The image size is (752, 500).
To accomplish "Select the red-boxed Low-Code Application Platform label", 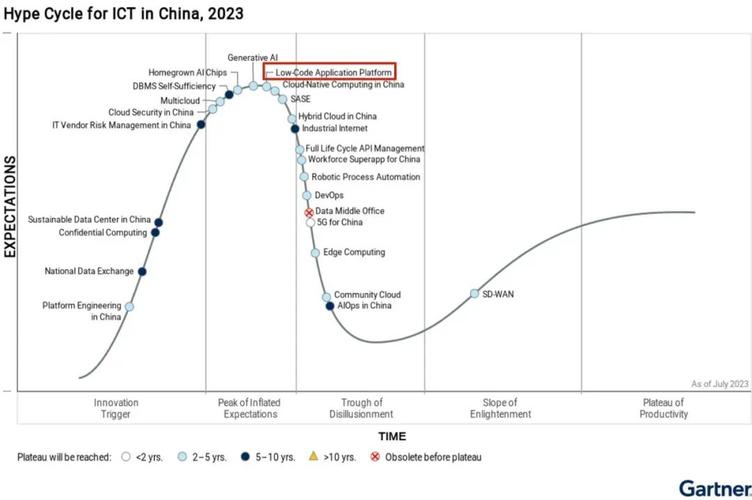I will click(x=329, y=72).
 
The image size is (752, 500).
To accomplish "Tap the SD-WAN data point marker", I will click(x=475, y=294).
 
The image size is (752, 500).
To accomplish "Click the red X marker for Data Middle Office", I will click(x=309, y=212).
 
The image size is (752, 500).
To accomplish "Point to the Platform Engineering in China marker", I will click(x=129, y=307).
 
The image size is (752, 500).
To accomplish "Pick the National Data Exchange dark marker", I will click(x=143, y=271).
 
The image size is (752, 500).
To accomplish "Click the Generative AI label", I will click(x=252, y=57).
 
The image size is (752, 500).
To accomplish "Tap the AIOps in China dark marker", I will click(x=330, y=306).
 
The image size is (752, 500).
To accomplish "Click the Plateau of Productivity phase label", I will click(x=664, y=408).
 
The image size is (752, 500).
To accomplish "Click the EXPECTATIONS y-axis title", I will click(x=10, y=207).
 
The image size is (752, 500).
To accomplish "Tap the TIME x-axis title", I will click(x=392, y=436).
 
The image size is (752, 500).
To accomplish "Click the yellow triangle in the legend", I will click(x=313, y=457).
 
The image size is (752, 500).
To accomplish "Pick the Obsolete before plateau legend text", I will click(x=433, y=457).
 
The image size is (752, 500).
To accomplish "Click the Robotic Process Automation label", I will click(x=366, y=177).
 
